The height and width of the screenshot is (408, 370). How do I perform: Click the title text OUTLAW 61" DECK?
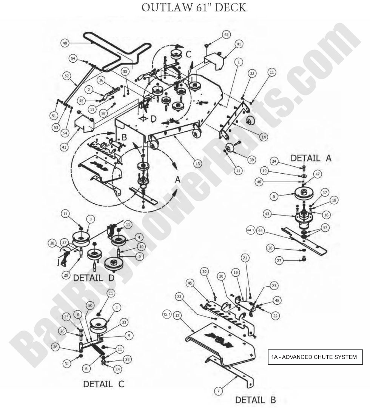pos(194,8)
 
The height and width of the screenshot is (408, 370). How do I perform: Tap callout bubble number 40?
pos(65,43)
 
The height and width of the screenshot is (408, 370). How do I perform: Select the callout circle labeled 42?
pos(226,34)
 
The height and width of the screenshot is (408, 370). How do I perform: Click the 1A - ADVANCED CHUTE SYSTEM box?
pos(315,357)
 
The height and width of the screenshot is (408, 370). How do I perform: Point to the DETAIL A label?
pos(310,158)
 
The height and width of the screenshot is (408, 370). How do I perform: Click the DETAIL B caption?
pos(255,400)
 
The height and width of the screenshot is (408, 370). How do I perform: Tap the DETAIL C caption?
pos(103,384)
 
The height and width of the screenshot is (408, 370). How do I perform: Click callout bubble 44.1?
pos(250,230)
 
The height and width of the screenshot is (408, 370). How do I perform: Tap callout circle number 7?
pos(219,391)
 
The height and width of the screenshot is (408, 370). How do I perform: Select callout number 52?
pos(66,76)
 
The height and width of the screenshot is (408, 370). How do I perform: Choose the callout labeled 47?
pos(317,174)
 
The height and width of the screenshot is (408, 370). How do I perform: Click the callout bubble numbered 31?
pos(66,364)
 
